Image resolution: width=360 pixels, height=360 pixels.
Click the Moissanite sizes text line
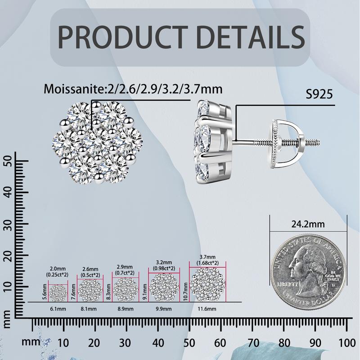(x=133, y=88)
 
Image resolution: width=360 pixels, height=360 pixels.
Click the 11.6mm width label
(x=207, y=309)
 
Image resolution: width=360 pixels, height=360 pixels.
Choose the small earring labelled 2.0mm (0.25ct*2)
(x=58, y=293)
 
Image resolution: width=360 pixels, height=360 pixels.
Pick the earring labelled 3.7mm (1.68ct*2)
(x=207, y=285)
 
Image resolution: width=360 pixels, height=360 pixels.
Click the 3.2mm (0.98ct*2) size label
(x=164, y=264)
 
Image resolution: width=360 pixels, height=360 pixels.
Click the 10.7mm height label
(x=186, y=285)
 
